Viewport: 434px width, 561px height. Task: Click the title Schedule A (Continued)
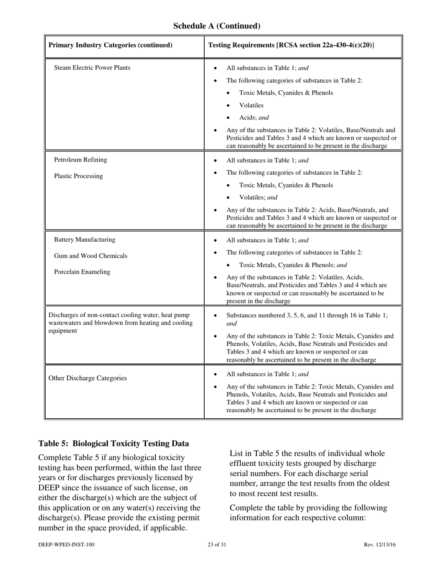pos(217,26)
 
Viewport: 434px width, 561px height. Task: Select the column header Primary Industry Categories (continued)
pos(110,45)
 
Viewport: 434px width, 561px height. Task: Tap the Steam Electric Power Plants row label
pos(92,68)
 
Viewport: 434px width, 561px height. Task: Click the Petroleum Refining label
pos(80,160)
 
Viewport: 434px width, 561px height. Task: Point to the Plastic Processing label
pos(78,176)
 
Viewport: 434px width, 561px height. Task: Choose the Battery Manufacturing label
pos(85,240)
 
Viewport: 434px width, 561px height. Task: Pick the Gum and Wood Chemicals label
pos(90,256)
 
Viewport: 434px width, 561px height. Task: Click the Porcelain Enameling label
pos(82,272)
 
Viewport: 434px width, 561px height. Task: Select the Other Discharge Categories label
pos(87,378)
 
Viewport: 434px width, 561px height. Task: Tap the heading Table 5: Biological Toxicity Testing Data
pos(113,443)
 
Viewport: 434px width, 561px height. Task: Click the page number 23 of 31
pos(217,545)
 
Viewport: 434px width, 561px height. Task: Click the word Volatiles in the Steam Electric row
pos(251,105)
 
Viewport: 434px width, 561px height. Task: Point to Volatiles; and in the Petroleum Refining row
pos(258,198)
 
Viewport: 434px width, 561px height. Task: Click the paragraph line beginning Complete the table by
pos(308,508)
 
